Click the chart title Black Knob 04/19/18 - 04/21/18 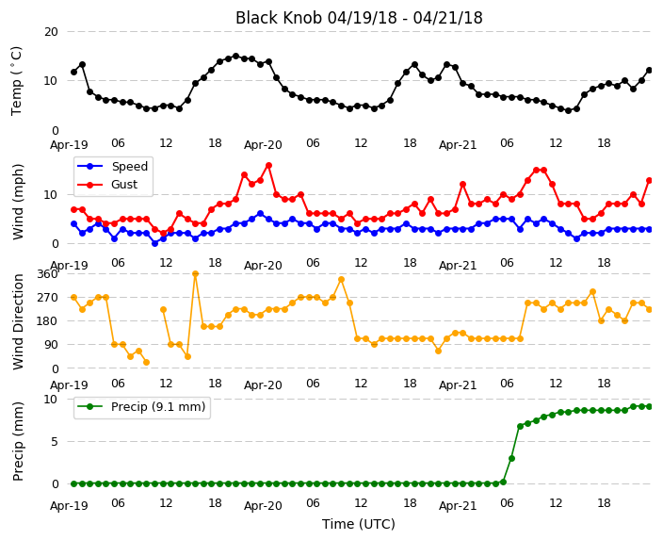click(359, 18)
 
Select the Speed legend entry click(112, 166)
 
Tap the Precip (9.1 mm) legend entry click(141, 407)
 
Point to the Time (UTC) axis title click(359, 524)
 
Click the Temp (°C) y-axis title click(16, 81)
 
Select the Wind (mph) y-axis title click(18, 202)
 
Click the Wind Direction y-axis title click(18, 321)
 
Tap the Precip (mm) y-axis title click(18, 441)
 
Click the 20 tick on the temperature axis click(51, 32)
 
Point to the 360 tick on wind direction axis click(47, 274)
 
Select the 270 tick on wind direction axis click(47, 298)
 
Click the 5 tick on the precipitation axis click(55, 441)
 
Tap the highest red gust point click(268, 166)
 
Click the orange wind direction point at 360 click(195, 274)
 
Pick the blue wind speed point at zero click(154, 243)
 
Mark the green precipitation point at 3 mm click(511, 458)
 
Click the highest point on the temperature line click(236, 56)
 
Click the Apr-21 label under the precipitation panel click(458, 506)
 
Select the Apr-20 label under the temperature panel click(263, 145)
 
